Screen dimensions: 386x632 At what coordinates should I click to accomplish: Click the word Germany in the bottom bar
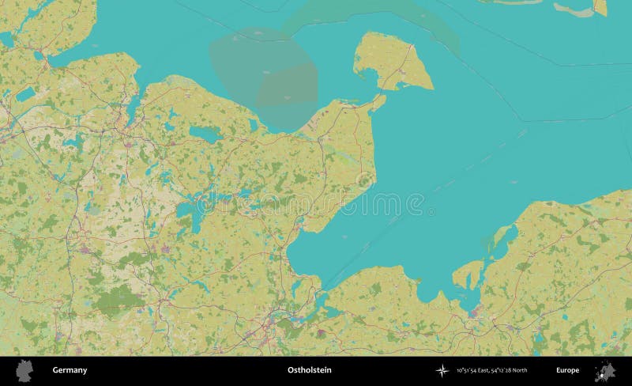(70, 370)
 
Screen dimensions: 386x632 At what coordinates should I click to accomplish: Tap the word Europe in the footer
(566, 370)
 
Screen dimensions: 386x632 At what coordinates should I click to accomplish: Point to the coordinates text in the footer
(491, 370)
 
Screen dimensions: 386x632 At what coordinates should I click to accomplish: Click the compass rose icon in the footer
(442, 370)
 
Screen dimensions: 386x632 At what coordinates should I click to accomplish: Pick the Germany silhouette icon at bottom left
(25, 370)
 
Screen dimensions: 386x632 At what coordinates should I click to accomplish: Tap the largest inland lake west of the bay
(190, 213)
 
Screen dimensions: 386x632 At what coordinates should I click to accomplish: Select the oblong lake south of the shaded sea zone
(205, 135)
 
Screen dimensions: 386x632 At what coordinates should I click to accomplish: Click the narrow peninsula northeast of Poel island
(502, 237)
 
